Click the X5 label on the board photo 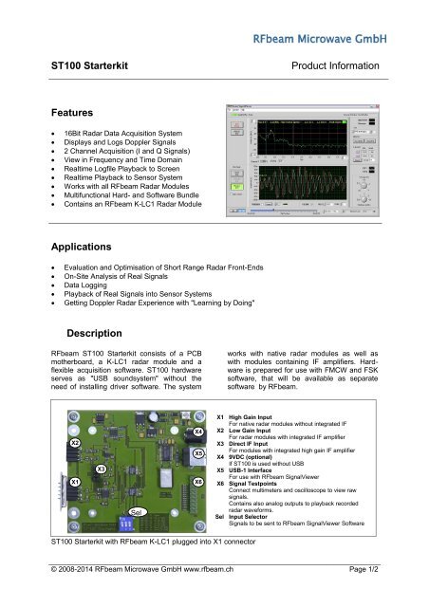pyautogui.click(x=197, y=454)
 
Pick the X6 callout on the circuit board pyautogui.click(x=197, y=482)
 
